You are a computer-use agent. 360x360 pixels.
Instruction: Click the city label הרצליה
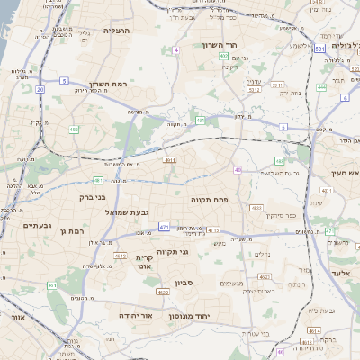(117, 31)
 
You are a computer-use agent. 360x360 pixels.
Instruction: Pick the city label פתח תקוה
(208, 198)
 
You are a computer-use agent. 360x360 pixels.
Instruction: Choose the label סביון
(208, 283)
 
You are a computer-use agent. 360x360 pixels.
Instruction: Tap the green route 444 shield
(321, 87)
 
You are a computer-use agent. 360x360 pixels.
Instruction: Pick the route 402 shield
(223, 56)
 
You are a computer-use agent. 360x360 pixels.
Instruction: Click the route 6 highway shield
(345, 97)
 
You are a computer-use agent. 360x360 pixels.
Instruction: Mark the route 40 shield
(238, 169)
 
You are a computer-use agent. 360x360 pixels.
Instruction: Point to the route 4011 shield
(170, 160)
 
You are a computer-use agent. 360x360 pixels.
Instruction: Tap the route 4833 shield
(256, 208)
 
